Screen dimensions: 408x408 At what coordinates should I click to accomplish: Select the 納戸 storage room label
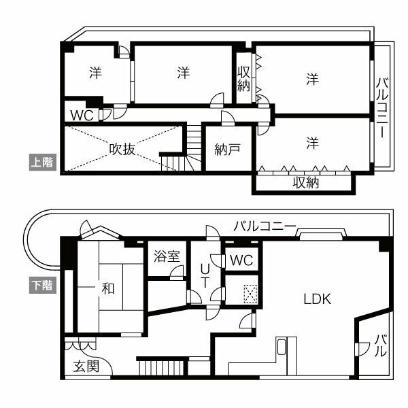(226, 150)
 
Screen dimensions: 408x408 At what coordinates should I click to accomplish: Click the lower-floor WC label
(240, 260)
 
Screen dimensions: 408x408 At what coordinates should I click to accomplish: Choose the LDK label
(317, 299)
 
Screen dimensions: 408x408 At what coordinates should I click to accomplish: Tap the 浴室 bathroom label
(167, 256)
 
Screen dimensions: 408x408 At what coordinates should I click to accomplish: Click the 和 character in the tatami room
(107, 288)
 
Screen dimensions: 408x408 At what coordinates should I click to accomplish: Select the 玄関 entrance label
(86, 367)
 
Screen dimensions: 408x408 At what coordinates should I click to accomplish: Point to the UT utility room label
(203, 276)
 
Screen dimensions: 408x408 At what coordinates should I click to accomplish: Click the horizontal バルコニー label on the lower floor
(264, 226)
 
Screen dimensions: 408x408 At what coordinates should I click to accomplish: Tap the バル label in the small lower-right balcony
(381, 346)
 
